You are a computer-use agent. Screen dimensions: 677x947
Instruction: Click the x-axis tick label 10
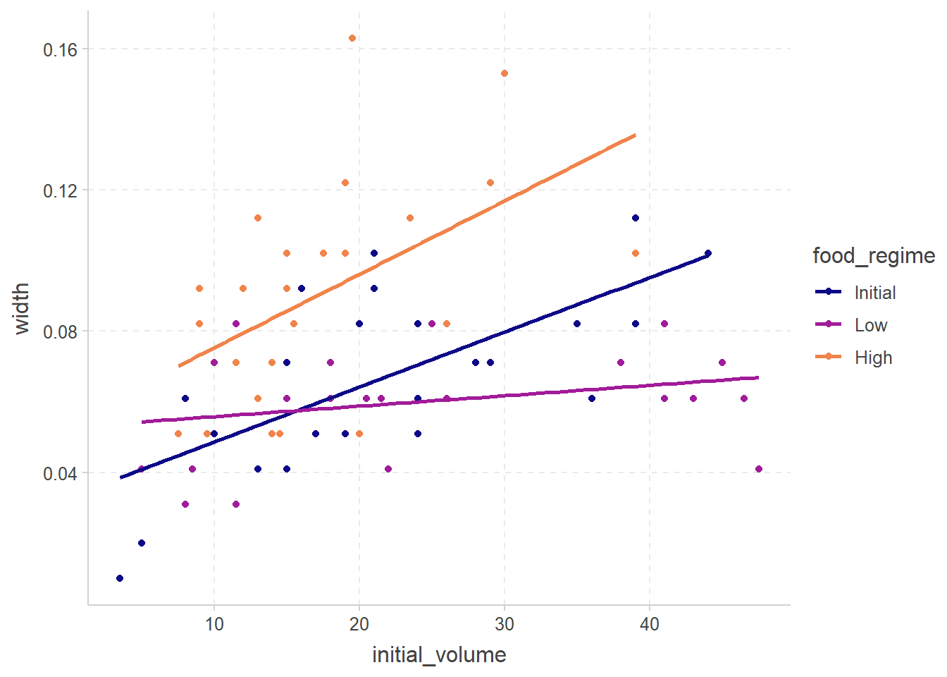click(214, 624)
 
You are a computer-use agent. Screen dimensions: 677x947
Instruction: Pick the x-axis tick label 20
click(359, 624)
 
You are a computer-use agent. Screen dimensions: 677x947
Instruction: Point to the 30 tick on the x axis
click(505, 624)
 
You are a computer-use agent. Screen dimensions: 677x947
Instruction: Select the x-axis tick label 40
click(650, 624)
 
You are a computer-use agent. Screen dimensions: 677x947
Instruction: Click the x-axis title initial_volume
click(439, 655)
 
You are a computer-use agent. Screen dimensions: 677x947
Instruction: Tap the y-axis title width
click(22, 308)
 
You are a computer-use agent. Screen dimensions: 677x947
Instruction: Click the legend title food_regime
click(874, 255)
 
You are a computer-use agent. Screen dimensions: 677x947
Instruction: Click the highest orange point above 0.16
click(352, 38)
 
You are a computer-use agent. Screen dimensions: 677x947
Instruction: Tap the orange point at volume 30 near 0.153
click(505, 73)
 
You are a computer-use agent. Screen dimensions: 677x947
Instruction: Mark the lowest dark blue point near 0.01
click(120, 578)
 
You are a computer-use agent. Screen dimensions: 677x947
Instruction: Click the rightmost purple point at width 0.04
click(759, 469)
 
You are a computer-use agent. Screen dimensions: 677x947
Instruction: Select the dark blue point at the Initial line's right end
click(708, 253)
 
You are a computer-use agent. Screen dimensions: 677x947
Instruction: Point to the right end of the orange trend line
click(636, 135)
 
